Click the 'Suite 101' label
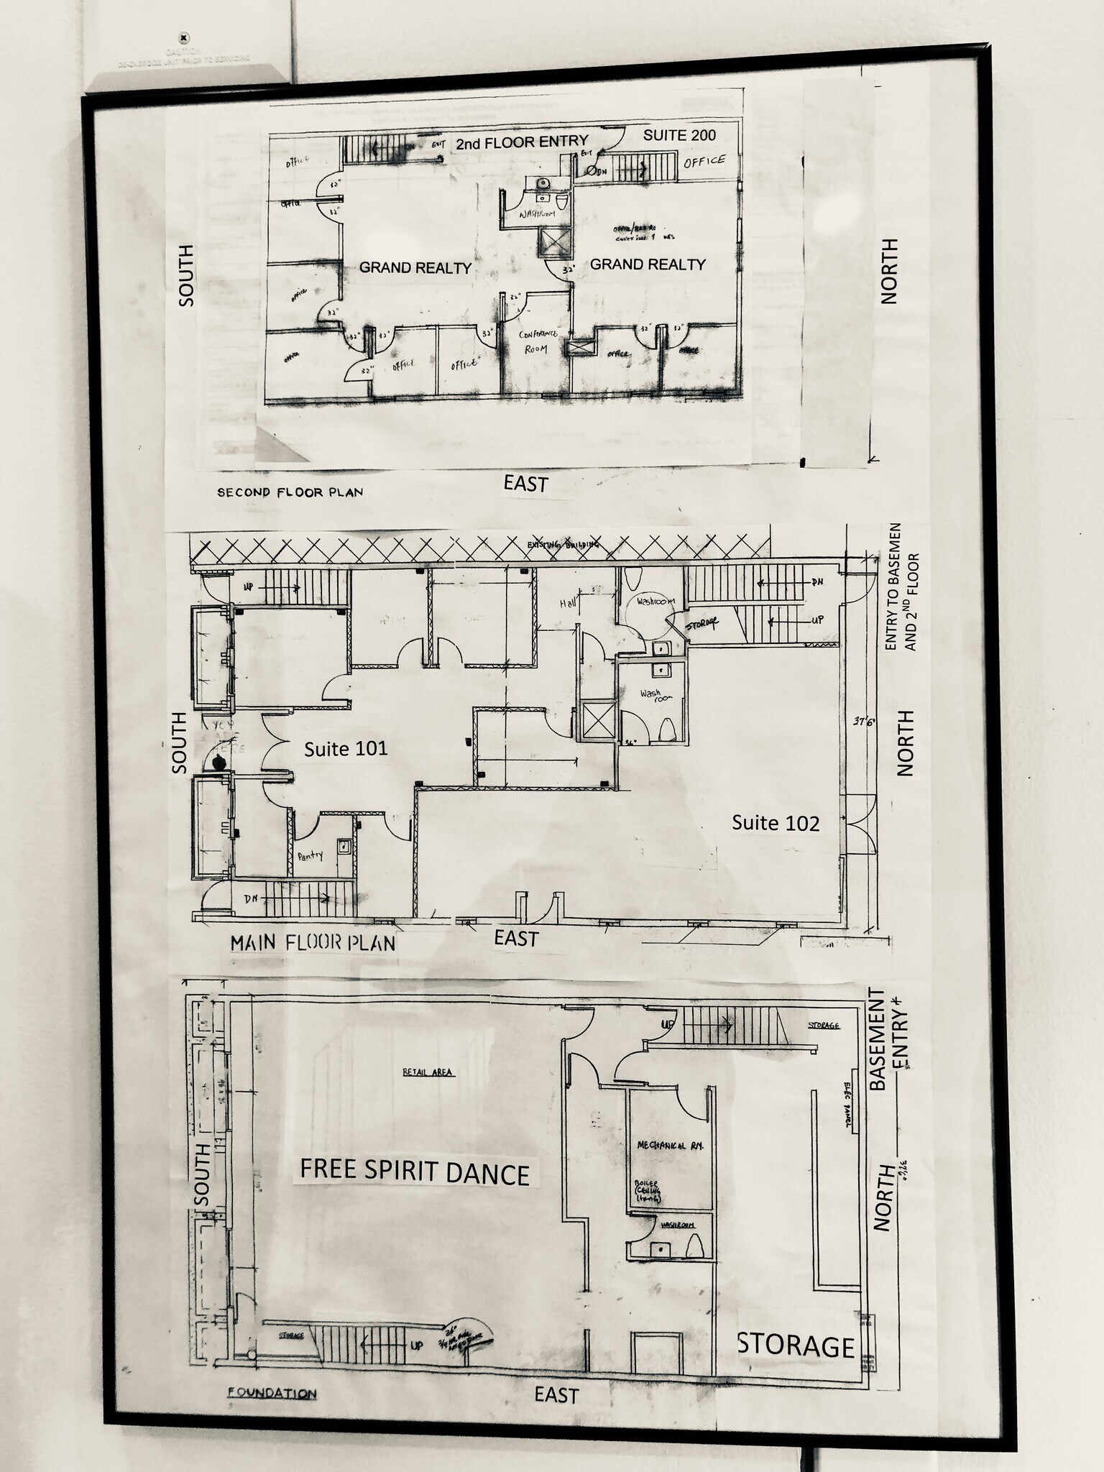[x=346, y=749]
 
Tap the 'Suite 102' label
[x=776, y=823]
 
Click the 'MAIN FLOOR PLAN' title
[x=313, y=943]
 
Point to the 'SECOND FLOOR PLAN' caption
[x=290, y=492]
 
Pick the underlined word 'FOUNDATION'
[x=272, y=1393]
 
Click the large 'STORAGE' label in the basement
[x=796, y=1346]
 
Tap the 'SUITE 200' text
[x=679, y=135]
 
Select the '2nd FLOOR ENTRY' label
[x=522, y=142]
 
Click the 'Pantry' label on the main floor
[x=310, y=855]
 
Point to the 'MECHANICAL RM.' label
[x=670, y=1145]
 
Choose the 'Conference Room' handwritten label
[x=538, y=341]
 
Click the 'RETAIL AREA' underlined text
[x=428, y=1072]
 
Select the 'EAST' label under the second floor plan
[x=526, y=484]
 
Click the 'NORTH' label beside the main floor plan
[x=906, y=742]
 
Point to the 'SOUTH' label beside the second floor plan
[x=185, y=275]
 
